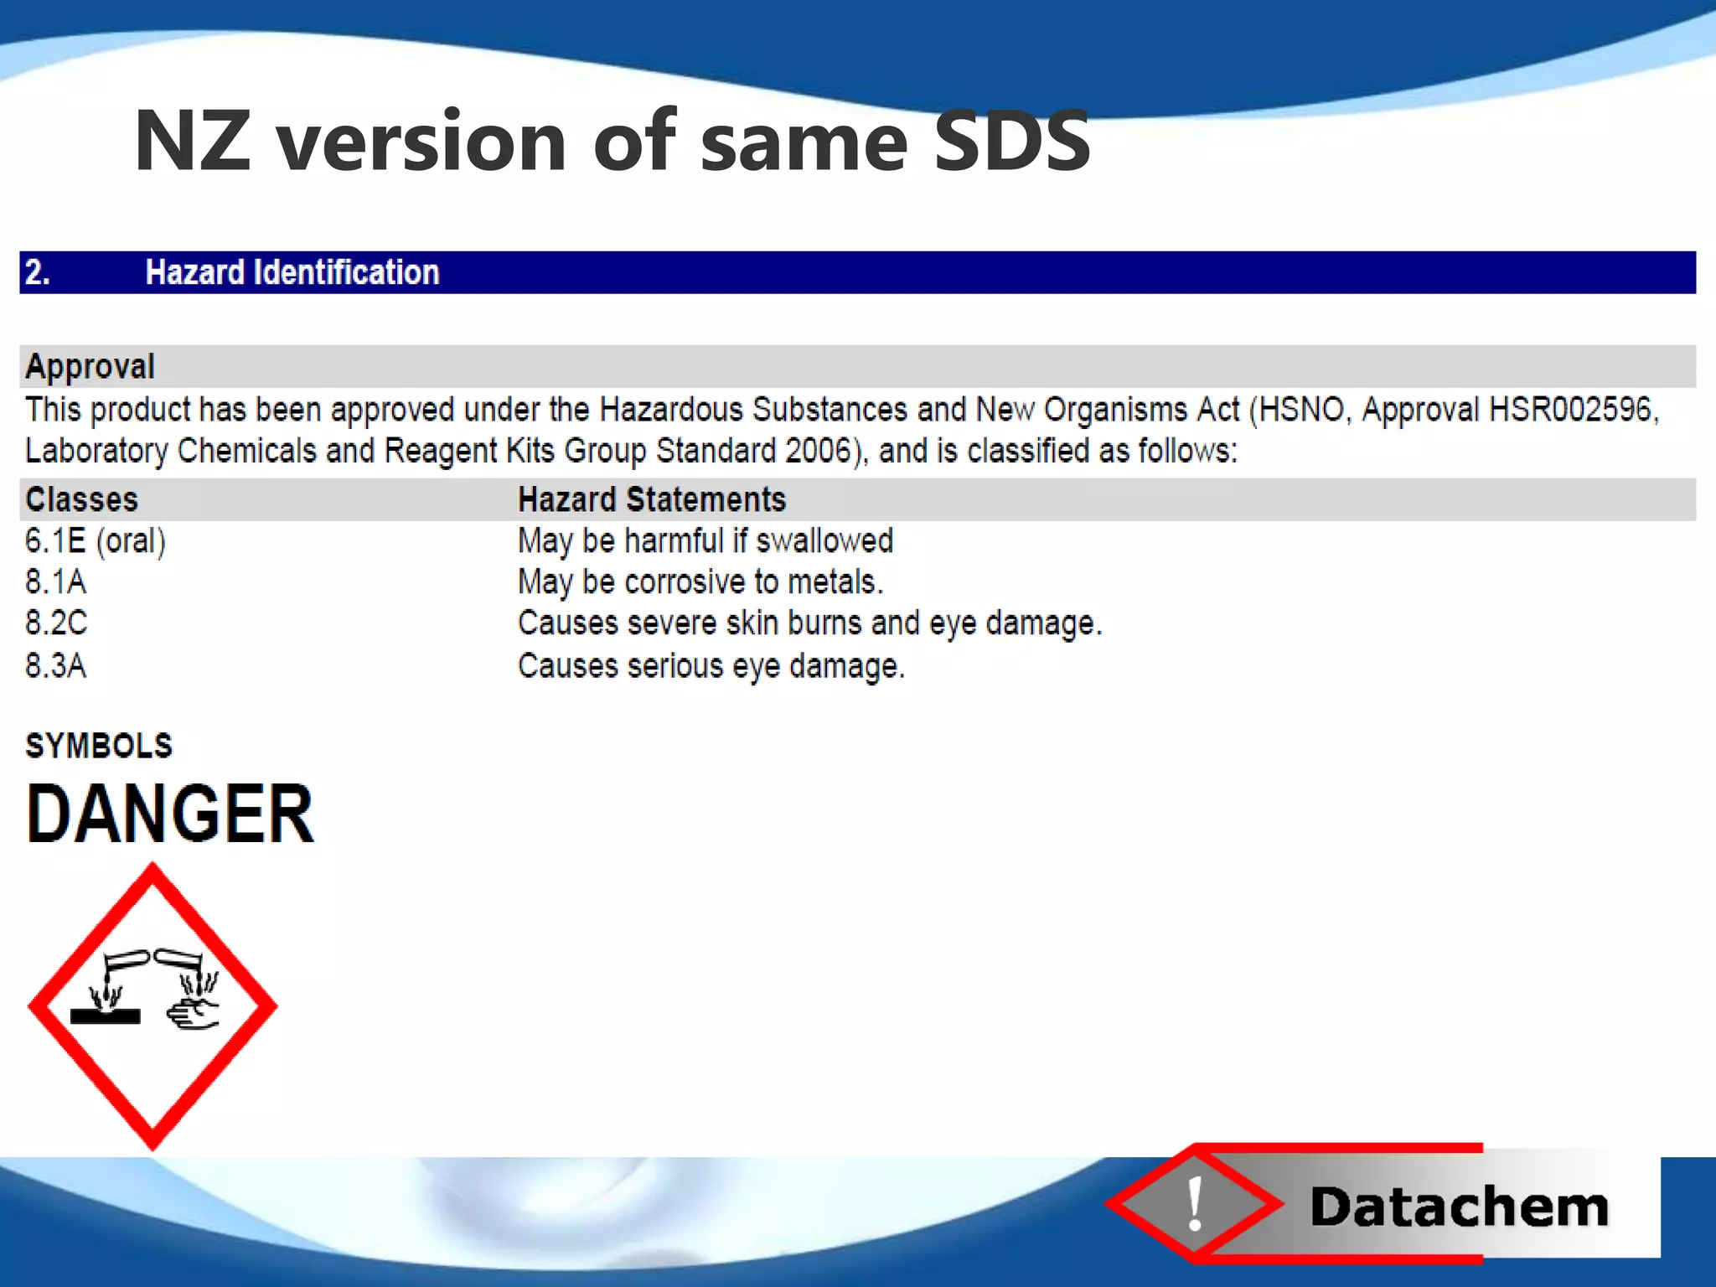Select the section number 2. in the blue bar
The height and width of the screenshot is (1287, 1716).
click(38, 272)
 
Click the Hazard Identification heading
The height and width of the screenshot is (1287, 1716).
click(292, 272)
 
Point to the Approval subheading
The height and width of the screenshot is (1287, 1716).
click(90, 366)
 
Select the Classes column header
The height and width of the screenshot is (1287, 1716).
click(81, 499)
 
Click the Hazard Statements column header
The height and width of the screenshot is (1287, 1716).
click(652, 499)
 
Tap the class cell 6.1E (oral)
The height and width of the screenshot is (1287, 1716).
click(96, 541)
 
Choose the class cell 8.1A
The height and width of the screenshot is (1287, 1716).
click(55, 581)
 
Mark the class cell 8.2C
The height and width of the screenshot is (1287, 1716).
click(55, 623)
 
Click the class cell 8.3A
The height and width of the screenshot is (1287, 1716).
click(55, 665)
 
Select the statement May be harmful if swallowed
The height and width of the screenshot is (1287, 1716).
click(706, 541)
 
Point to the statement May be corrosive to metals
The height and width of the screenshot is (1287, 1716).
click(700, 581)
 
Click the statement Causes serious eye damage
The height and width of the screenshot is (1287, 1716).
click(711, 666)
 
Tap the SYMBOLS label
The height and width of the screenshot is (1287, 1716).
click(99, 746)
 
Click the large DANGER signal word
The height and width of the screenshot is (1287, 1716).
click(170, 814)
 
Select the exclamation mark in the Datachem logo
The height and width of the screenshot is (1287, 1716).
click(1196, 1204)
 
